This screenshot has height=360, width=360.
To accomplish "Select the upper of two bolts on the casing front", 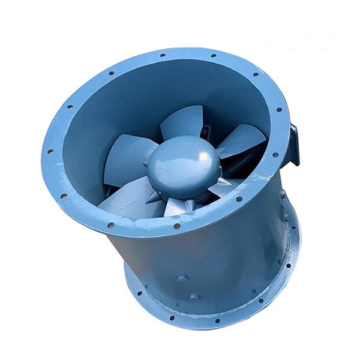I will point(182,278).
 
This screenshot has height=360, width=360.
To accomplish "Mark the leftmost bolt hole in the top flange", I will point(50,151).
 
